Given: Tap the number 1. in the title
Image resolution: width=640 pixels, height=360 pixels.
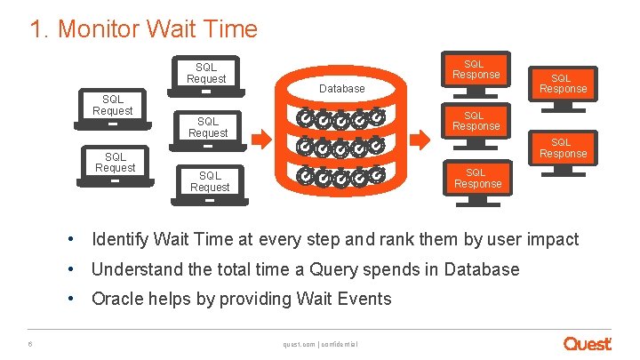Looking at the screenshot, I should [38, 29].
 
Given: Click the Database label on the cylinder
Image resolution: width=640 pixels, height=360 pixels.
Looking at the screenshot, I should [341, 88].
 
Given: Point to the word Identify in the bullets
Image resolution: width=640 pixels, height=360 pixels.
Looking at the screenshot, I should [120, 239].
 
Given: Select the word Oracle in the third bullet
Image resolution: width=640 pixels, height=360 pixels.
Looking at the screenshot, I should [116, 298].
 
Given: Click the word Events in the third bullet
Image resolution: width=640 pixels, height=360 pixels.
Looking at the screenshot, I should [364, 298].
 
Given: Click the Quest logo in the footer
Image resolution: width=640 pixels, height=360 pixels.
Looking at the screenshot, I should [587, 343].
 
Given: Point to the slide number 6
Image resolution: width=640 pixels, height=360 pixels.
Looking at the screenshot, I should [31, 344].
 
